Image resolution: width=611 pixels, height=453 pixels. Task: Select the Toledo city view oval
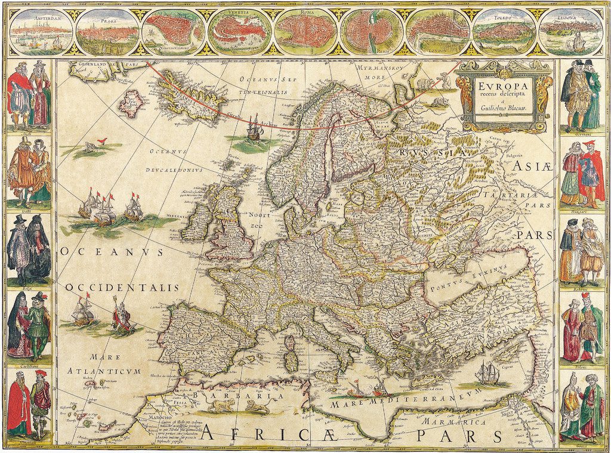[x=504, y=31]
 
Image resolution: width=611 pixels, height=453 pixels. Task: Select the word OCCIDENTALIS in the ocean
[x=122, y=288]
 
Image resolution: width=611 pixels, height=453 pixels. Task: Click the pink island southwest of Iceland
[x=132, y=103]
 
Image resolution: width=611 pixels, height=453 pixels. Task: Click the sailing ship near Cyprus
[x=487, y=374]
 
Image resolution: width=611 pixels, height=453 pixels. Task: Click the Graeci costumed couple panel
[x=582, y=406]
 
